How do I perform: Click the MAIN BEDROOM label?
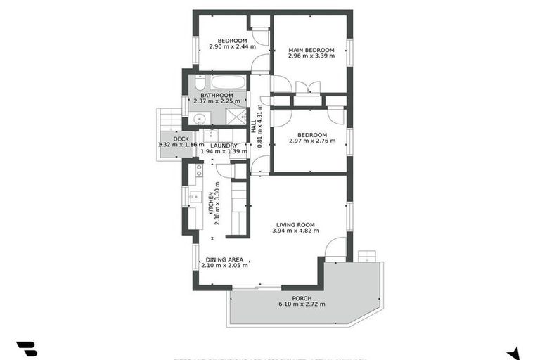tap(311, 50)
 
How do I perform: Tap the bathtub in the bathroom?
tap(228, 82)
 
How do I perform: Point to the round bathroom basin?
tap(199, 117)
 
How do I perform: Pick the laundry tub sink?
tap(211, 135)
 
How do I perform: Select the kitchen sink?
tap(195, 196)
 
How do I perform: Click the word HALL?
tap(254, 125)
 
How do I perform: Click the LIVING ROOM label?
tap(295, 224)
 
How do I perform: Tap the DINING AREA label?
tap(224, 259)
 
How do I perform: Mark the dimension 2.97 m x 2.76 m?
tap(312, 141)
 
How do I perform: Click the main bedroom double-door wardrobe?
tap(308, 88)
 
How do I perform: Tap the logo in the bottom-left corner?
tap(26, 349)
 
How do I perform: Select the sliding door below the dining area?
tap(257, 287)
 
